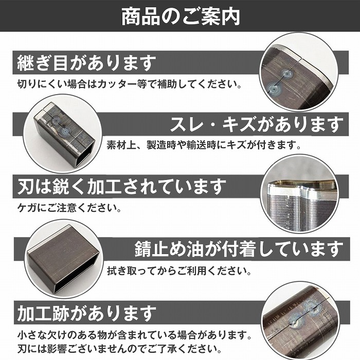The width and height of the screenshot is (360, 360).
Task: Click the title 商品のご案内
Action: [180, 17]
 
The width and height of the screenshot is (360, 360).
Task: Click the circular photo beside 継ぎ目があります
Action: [298, 71]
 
